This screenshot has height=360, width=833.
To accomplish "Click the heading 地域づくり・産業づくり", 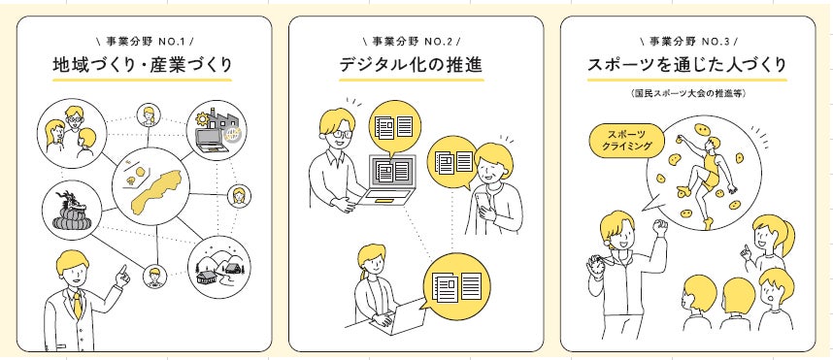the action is click(143, 65).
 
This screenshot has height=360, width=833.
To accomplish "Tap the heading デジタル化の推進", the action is click(412, 65).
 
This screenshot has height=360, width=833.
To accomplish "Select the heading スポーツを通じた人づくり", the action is click(687, 65).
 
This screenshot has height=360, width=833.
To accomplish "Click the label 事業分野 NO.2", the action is click(413, 41).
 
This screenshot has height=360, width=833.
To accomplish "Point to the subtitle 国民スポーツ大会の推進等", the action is click(688, 93).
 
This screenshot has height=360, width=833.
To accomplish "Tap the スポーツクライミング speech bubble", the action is click(627, 141).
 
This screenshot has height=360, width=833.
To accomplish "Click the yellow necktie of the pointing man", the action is click(78, 305).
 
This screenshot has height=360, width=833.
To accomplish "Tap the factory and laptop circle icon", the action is click(217, 130).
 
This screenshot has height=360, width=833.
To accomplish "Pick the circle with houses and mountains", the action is click(219, 267).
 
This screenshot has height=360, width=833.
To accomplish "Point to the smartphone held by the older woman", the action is click(484, 202).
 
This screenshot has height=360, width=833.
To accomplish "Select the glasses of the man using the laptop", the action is click(339, 134).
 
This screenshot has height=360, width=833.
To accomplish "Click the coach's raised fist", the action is click(660, 228).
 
